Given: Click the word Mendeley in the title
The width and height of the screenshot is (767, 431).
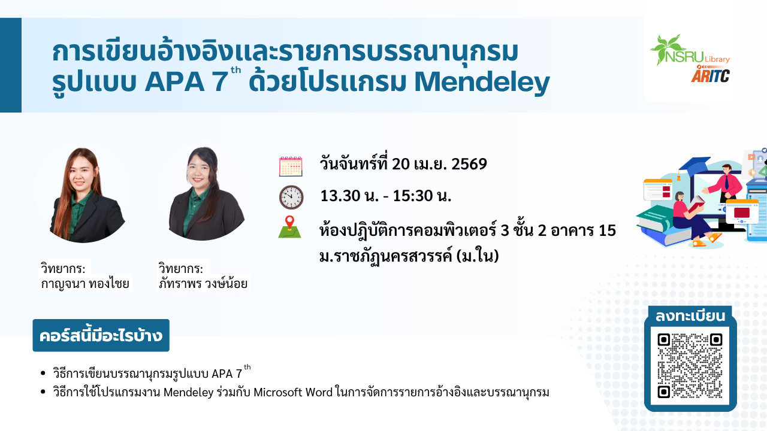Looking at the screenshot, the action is pos(482,83).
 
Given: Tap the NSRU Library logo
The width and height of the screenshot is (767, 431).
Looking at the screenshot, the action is pos(690,51).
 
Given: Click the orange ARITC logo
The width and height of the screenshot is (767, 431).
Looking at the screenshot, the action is pos(710,74).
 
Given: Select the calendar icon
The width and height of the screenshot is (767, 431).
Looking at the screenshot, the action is pos(291,166).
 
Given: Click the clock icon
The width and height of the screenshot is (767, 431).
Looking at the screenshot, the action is pos(291,198).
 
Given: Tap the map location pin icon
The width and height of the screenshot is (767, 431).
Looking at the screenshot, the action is pos(289,227).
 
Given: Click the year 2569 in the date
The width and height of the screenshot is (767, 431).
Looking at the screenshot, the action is pos(469,164).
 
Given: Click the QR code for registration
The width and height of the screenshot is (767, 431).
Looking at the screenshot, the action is pos(690,366).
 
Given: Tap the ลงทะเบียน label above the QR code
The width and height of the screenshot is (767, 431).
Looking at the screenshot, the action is pos(690,316).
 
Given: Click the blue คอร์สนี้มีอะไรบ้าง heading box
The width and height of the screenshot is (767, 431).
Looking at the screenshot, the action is pos(101,335).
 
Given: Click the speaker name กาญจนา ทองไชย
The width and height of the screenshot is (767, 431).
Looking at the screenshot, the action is pos(85,284).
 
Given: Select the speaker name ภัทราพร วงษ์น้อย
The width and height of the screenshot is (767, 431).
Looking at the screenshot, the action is pos(203,284).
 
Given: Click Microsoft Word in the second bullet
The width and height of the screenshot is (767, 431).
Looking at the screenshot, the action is pos(293,392).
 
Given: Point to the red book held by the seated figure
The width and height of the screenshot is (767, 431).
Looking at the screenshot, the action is pos(696,204).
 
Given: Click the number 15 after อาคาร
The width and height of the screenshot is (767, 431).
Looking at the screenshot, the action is pos(607,230).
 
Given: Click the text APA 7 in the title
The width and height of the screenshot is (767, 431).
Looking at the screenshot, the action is pos(186,82).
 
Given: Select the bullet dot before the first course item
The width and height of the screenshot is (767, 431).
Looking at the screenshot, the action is pos(43,373).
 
